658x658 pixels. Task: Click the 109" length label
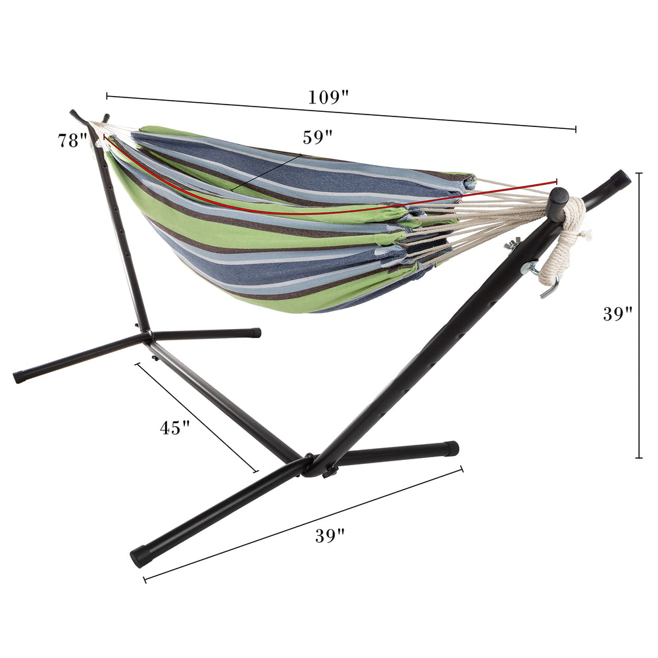[328, 97]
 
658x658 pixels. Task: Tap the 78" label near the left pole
[72, 141]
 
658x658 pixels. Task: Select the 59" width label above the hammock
[318, 138]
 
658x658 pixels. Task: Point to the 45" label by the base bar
[175, 428]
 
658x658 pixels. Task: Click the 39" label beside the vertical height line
[618, 313]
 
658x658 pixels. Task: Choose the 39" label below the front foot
[330, 536]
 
